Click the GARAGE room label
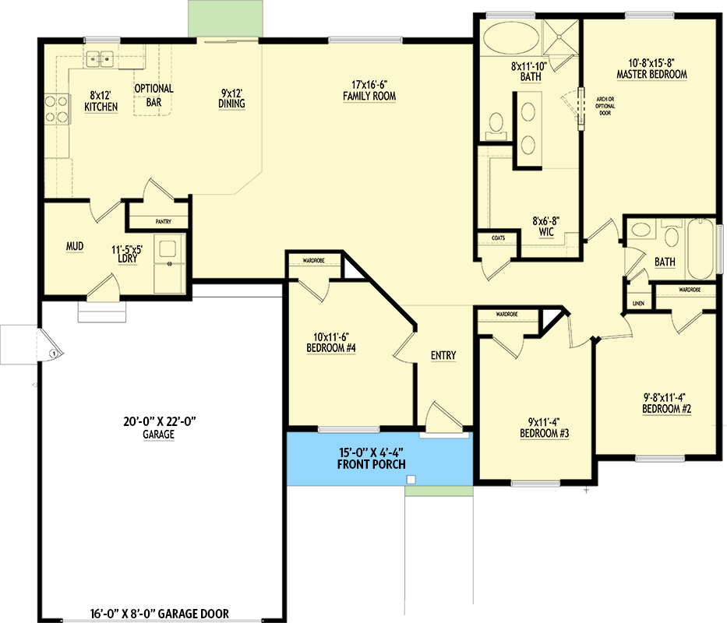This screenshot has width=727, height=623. pos(158,435)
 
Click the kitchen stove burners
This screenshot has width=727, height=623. pos(55,109)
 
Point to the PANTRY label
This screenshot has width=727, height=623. pos(163,222)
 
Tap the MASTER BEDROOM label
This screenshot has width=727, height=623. pos(651,75)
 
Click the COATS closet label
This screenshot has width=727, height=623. pos(498,238)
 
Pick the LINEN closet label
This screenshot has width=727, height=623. pos(638,303)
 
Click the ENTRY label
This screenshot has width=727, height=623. pos(443,355)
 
